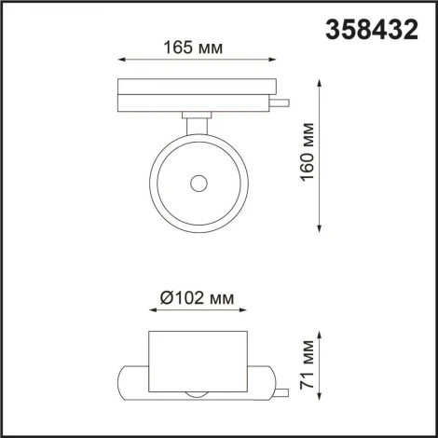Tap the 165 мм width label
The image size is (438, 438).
click(x=196, y=48)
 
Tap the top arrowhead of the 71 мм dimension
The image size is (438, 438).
click(x=321, y=333)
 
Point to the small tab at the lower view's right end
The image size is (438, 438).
click(x=271, y=383)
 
